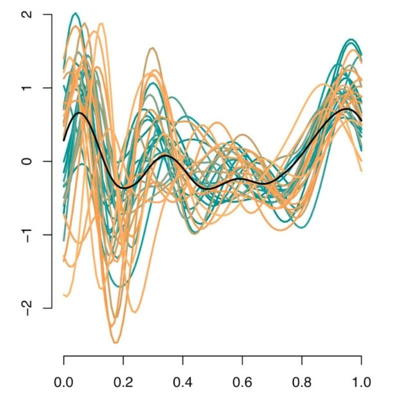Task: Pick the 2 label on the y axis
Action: [x=31, y=14]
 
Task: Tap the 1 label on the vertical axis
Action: [x=31, y=88]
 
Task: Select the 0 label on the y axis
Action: [x=31, y=161]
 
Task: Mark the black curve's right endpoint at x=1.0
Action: [x=361, y=120]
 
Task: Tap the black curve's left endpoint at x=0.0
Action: [x=64, y=141]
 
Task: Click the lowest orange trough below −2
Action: [x=116, y=343]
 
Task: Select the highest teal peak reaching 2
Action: [x=75, y=13]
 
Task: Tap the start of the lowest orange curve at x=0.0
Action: [x=64, y=295]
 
